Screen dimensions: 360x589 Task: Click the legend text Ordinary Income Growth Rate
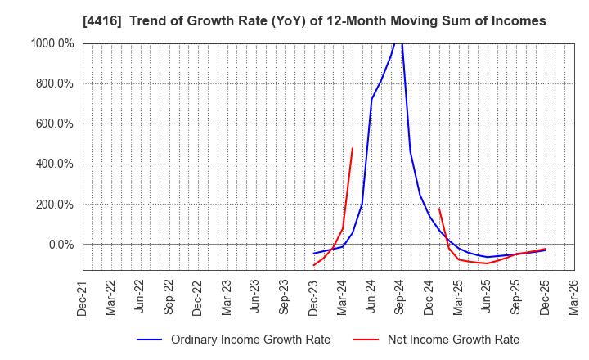point(250,340)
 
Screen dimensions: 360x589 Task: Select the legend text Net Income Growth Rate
point(452,340)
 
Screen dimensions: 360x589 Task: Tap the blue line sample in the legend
point(150,340)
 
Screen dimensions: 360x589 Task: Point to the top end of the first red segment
point(353,148)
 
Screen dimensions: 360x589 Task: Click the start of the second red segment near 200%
point(439,209)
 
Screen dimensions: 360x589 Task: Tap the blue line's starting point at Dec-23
point(313,254)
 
